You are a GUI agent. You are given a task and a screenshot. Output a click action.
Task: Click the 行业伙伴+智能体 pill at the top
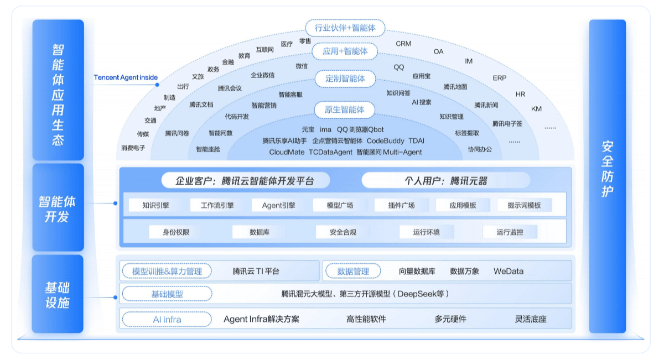pyautogui.click(x=345, y=28)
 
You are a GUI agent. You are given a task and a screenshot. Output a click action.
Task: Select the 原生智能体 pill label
pyautogui.click(x=345, y=109)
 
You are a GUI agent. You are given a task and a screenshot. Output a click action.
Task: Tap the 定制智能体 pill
pyautogui.click(x=345, y=79)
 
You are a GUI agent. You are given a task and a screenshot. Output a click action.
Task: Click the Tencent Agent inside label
pyautogui.click(x=126, y=77)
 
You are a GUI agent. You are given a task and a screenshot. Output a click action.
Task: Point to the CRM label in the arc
pyautogui.click(x=403, y=44)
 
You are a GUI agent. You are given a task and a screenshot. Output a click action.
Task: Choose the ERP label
pyautogui.click(x=499, y=78)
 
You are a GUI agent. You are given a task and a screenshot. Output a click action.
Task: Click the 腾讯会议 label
pyautogui.click(x=230, y=88)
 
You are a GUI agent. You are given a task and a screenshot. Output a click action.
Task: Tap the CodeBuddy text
pyautogui.click(x=386, y=141)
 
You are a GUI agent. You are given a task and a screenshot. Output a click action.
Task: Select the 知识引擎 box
pyautogui.click(x=155, y=205)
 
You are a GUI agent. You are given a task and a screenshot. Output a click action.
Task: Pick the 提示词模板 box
pyautogui.click(x=524, y=205)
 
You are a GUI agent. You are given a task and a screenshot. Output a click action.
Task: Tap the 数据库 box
pyautogui.click(x=260, y=232)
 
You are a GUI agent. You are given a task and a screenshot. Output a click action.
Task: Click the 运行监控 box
pyautogui.click(x=510, y=232)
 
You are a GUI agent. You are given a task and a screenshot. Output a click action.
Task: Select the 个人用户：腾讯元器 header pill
pyautogui.click(x=445, y=181)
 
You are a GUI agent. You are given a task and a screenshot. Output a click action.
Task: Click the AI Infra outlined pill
pyautogui.click(x=167, y=319)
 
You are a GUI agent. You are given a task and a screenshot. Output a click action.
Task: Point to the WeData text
pyautogui.click(x=509, y=271)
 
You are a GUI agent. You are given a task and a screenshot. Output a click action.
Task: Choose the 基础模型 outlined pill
pyautogui.click(x=167, y=294)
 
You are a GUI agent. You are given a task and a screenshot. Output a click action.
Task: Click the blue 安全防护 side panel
pyautogui.click(x=607, y=176)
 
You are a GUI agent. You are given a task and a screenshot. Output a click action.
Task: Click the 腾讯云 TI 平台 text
pyautogui.click(x=256, y=271)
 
